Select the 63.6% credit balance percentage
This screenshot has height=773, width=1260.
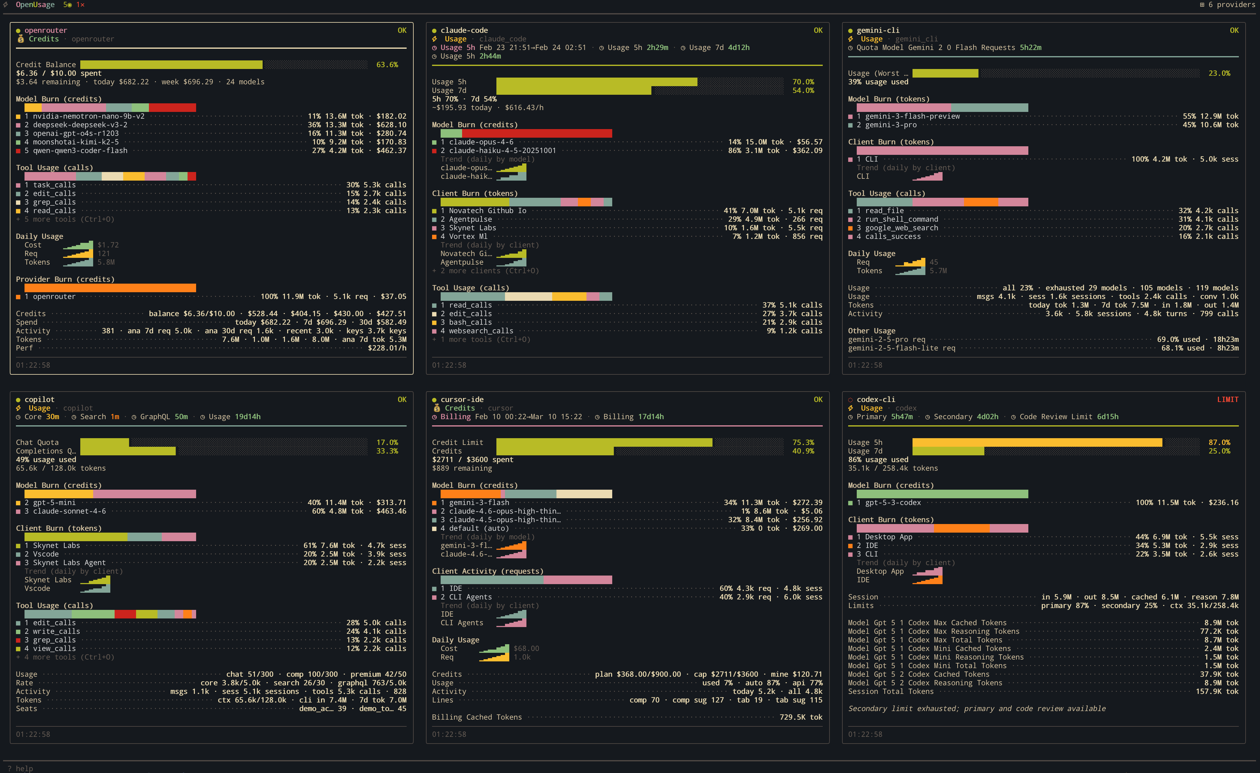pyautogui.click(x=387, y=64)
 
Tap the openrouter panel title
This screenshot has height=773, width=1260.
pyautogui.click(x=46, y=30)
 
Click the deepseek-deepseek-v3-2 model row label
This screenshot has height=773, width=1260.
pyautogui.click(x=80, y=125)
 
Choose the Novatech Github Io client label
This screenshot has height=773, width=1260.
pyautogui.click(x=487, y=211)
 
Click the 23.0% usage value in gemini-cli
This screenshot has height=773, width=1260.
pyautogui.click(x=1219, y=73)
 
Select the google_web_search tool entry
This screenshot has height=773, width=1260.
pyautogui.click(x=901, y=228)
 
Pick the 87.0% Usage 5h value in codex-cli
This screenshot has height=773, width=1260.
pyautogui.click(x=1219, y=442)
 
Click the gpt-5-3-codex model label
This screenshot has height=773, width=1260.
pyautogui.click(x=892, y=502)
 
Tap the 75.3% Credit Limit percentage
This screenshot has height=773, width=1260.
pyautogui.click(x=803, y=442)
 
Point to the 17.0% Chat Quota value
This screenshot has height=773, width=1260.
pyautogui.click(x=387, y=442)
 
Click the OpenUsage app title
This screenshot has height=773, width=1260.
pyautogui.click(x=35, y=5)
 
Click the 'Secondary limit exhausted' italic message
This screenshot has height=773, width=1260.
pyautogui.click(x=976, y=709)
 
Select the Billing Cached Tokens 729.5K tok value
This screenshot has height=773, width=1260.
pyautogui.click(x=800, y=717)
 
